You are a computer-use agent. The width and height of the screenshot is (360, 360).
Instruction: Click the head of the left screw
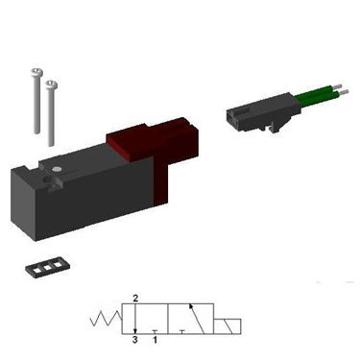(x=37, y=73)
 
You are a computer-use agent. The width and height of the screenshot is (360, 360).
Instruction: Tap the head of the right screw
(x=51, y=84)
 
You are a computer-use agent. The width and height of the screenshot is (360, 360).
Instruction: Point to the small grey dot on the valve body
(x=58, y=169)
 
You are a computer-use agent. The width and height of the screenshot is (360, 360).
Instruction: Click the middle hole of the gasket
(x=48, y=268)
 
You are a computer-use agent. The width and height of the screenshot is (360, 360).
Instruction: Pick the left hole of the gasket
(x=36, y=271)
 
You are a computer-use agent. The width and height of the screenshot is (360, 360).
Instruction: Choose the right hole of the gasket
(x=59, y=265)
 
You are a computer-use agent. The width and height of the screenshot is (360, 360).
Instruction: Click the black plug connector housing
(x=262, y=112)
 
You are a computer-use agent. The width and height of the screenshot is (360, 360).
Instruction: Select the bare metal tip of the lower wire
(x=344, y=92)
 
